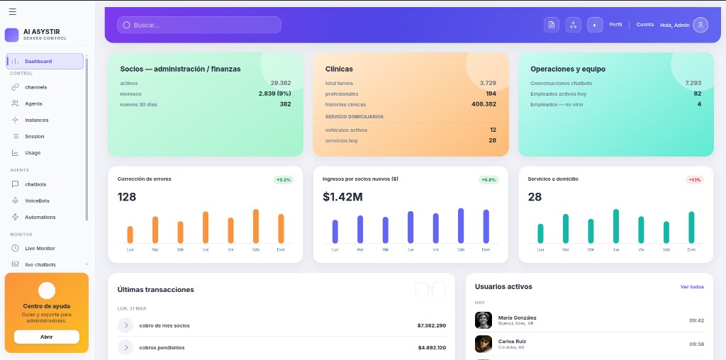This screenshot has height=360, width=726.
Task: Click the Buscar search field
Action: coord(199,25)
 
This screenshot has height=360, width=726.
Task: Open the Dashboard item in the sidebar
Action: coord(45,62)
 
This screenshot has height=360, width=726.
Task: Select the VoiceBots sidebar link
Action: coord(37,201)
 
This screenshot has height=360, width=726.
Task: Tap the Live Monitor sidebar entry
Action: coord(40,248)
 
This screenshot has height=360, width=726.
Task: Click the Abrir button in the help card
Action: coord(47,337)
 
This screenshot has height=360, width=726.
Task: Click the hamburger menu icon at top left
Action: coord(12,11)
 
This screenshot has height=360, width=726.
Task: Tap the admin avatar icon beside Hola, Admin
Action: coord(700,25)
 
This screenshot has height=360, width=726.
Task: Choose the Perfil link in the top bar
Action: coord(615,25)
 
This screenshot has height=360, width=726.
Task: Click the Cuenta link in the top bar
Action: coord(645,25)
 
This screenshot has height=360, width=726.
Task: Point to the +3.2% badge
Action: coord(284,180)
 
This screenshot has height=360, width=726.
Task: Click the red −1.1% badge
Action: coord(694,180)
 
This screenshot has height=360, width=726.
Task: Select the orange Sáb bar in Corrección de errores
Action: coord(256,226)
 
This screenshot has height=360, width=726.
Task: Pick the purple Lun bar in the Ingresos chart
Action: coord(335,231)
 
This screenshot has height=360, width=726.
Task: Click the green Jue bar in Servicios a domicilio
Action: coord(616,226)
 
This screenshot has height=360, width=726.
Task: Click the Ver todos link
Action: coord(692,287)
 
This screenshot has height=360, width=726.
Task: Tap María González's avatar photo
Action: coord(484,320)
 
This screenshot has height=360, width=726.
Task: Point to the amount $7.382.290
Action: coord(431,326)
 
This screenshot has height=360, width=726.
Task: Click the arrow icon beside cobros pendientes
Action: coord(125,347)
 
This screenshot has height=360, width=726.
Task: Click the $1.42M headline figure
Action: coord(342,197)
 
